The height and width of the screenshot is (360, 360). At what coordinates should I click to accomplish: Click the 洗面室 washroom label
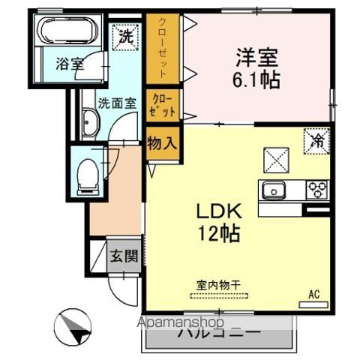coord(115,104)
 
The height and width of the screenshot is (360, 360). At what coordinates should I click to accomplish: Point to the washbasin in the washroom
coord(88,124)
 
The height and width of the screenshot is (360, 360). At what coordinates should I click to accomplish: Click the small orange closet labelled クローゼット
coord(161,105)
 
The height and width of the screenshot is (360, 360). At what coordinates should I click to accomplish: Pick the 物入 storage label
coord(162,142)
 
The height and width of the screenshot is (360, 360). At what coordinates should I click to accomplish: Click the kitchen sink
coord(273,190)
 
